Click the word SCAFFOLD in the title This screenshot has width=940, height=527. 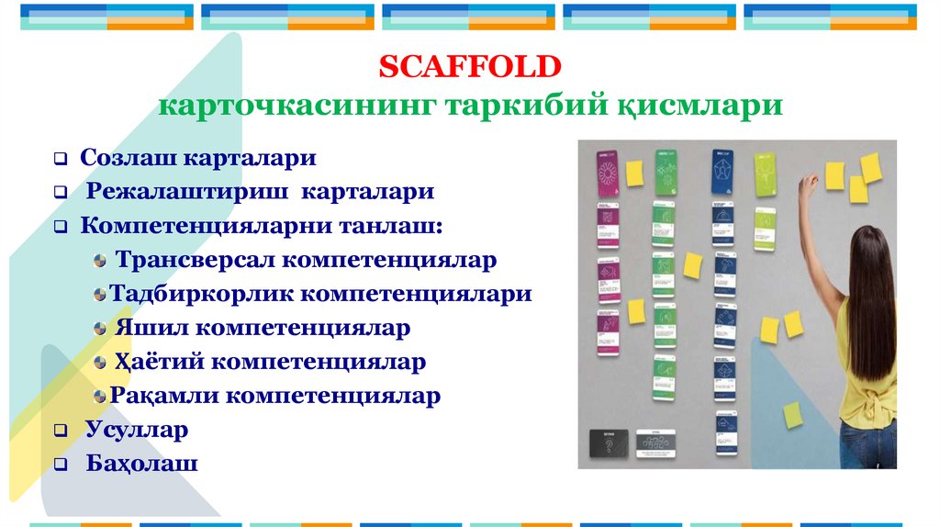pos(469,66)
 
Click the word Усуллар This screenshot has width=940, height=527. pos(137,430)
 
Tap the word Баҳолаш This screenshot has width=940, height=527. pos(142,463)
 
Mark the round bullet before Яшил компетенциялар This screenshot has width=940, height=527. pos(101,329)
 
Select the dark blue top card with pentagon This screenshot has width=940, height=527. pos(722,172)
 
